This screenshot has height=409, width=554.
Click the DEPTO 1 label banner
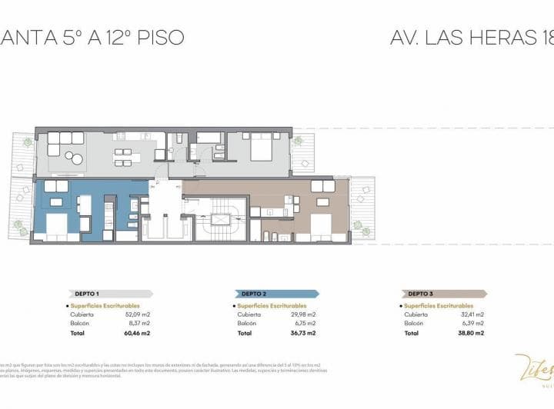pos(108,294)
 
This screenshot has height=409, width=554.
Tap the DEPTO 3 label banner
pos(443,294)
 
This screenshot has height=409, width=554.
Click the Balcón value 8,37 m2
pos(136,324)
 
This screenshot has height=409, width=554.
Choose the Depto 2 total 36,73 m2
pos(302,334)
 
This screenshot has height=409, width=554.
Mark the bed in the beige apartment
pos(321,223)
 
